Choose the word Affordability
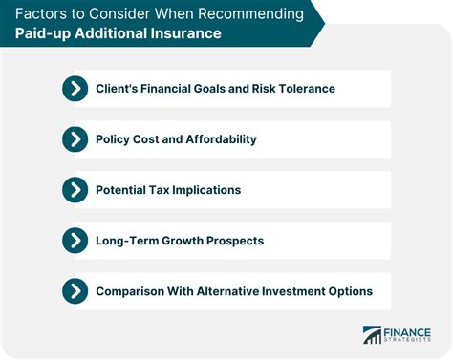click(x=221, y=139)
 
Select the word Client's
click(x=119, y=89)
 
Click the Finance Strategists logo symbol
click(x=373, y=336)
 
